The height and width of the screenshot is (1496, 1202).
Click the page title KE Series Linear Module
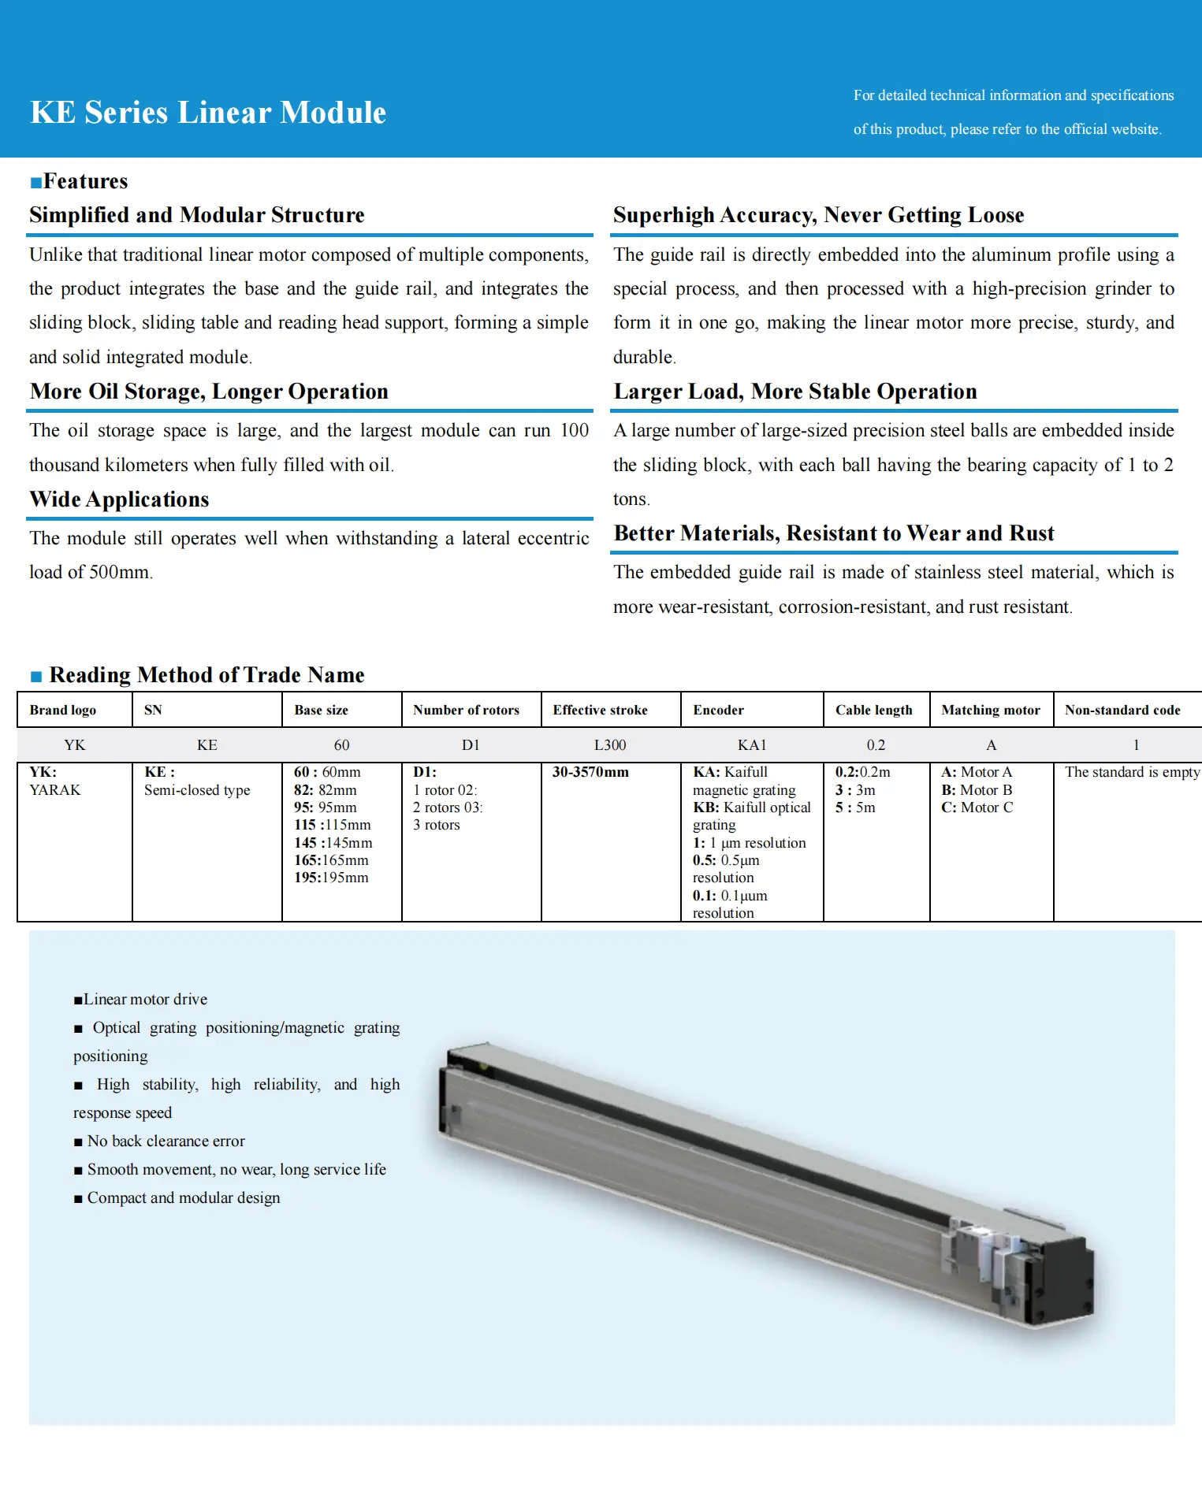click(208, 113)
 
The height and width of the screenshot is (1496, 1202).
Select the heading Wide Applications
click(119, 499)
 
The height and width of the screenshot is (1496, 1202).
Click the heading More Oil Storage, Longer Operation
click(209, 392)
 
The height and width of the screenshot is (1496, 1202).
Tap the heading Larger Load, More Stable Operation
click(795, 392)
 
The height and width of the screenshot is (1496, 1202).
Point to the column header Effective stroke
click(600, 710)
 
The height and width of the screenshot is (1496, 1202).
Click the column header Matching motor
click(991, 710)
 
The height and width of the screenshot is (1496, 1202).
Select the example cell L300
click(610, 744)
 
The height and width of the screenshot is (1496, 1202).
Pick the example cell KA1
click(752, 744)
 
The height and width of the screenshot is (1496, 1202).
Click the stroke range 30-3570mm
click(590, 772)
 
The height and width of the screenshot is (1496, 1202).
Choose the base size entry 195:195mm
click(331, 878)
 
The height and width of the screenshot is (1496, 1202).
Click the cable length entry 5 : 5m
click(855, 807)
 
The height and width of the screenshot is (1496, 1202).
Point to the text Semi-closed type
click(197, 790)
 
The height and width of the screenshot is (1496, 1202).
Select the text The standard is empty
click(1132, 772)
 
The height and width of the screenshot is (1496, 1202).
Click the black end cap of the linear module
click(1064, 1276)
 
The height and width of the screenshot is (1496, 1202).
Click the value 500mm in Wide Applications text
click(119, 573)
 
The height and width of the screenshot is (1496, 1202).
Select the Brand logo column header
click(63, 710)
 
